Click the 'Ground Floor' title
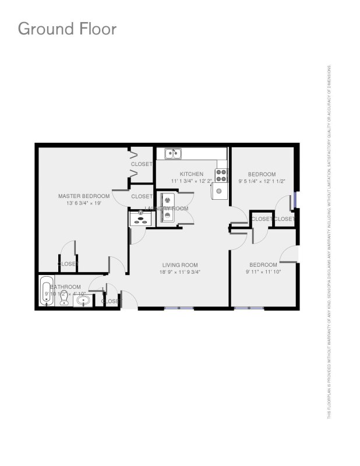point(67,28)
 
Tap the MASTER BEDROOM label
point(84,196)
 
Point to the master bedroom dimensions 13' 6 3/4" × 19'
point(84,204)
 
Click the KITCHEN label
point(191,174)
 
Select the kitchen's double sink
point(172,154)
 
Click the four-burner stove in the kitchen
point(221,173)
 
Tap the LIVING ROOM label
point(180,265)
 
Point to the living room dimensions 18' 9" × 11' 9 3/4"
point(180,272)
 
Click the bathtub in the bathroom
point(47,291)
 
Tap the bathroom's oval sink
point(84,301)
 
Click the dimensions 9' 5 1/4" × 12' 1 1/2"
point(262,181)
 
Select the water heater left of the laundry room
point(140,218)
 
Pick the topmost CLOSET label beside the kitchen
point(142,164)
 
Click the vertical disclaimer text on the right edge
point(329,242)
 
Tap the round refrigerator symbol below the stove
point(219,190)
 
